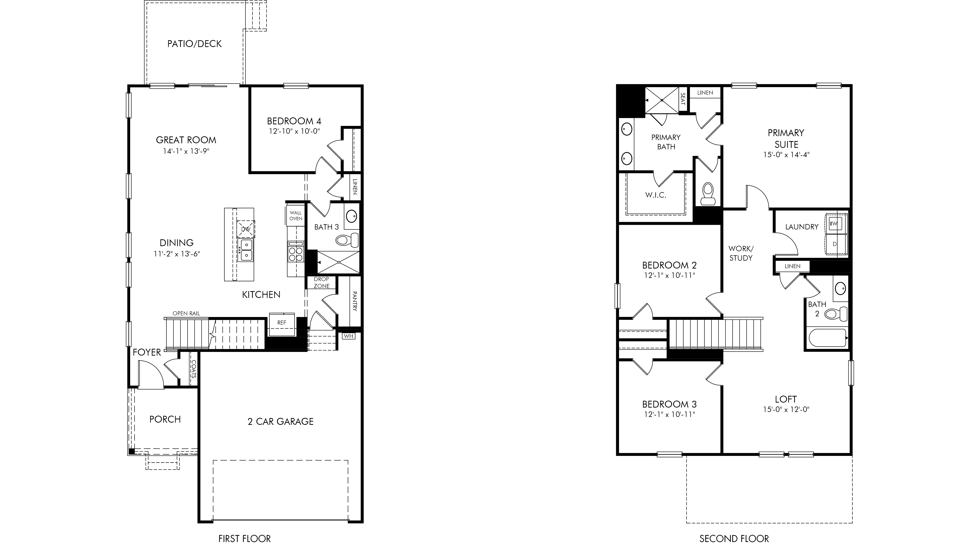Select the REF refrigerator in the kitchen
pos(282,324)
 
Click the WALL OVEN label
pos(296,216)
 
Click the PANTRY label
pos(355,301)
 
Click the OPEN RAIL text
pos(186,313)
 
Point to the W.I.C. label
pos(656,195)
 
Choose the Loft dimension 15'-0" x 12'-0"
pos(786,410)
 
